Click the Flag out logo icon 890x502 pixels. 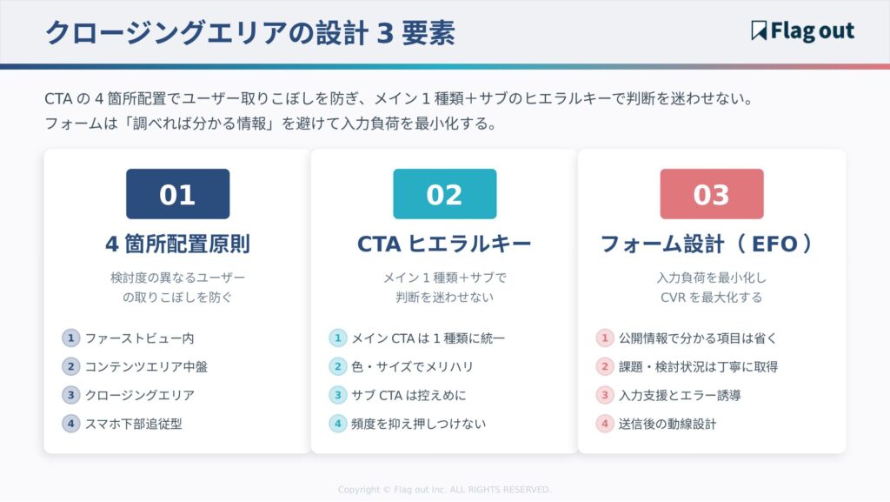click(x=759, y=31)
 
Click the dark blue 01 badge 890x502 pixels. click(x=177, y=194)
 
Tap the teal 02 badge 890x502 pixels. click(x=444, y=194)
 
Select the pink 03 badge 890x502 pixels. click(x=711, y=194)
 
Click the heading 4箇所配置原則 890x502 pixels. click(x=177, y=244)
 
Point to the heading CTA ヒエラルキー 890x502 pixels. click(x=444, y=244)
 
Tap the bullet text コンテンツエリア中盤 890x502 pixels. click(x=146, y=367)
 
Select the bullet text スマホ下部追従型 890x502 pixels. click(x=133, y=425)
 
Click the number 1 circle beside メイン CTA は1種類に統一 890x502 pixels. click(x=337, y=338)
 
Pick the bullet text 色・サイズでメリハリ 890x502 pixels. click(x=412, y=367)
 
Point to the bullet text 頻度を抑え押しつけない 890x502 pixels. click(x=418, y=425)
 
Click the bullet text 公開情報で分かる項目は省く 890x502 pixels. click(x=697, y=338)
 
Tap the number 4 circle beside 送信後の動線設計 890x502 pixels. click(x=604, y=425)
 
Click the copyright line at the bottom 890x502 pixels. click(x=444, y=490)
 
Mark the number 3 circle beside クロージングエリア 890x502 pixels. click(x=70, y=396)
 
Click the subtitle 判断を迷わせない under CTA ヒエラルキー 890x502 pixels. click(x=444, y=298)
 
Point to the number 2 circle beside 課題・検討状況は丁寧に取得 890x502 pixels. click(x=604, y=367)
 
